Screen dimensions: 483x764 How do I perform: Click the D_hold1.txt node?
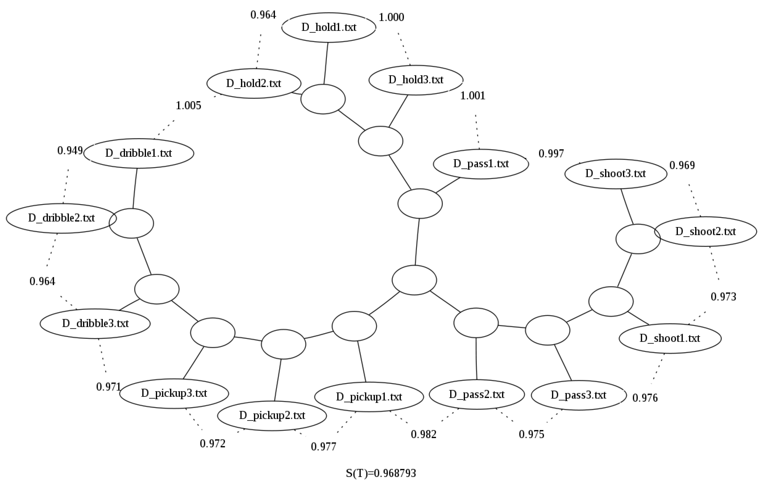point(329,27)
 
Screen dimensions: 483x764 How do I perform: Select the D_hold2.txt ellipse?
point(254,83)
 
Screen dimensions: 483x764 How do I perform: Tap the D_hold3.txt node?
point(416,80)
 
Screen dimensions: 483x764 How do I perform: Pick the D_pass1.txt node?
point(481,164)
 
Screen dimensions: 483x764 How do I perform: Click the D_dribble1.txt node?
point(139,153)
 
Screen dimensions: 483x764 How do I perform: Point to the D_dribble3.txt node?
point(95,323)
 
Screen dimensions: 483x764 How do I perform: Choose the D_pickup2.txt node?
point(272,415)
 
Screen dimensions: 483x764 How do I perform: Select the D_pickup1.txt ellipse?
point(369,397)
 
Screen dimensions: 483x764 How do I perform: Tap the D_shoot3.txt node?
point(616,174)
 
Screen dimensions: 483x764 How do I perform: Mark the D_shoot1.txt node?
point(670,338)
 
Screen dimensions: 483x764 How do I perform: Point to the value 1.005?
point(189,106)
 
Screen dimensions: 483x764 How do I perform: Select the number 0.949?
point(70,150)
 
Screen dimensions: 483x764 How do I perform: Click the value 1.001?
point(473,95)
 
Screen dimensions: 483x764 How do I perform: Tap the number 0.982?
point(424,434)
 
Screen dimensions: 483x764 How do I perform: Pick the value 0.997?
point(551,154)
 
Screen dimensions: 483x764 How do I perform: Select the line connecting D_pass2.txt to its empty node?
point(476,359)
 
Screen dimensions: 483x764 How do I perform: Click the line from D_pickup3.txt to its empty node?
point(193,363)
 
